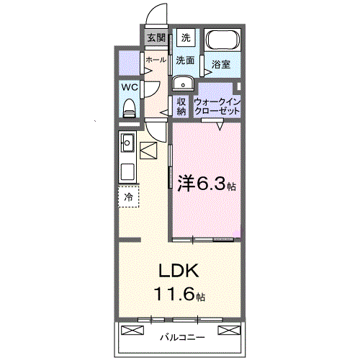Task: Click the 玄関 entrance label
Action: (156, 38)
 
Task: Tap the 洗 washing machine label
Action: (186, 37)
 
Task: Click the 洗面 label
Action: (186, 60)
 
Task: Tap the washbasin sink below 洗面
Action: (181, 81)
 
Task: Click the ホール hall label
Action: (156, 60)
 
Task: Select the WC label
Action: (130, 87)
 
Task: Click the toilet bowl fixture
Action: (130, 107)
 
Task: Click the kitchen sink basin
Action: (127, 140)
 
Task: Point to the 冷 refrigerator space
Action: (129, 196)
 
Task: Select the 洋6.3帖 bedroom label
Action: (206, 184)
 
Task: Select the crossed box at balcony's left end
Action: (133, 330)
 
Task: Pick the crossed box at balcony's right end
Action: (228, 330)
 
